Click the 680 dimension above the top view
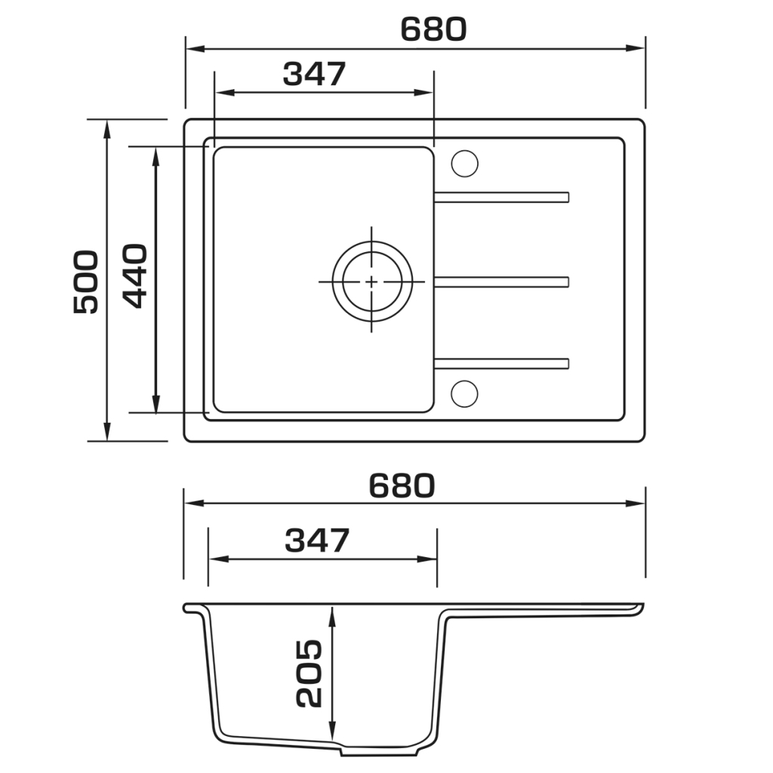[433, 29]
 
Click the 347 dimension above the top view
[315, 74]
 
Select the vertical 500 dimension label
[86, 282]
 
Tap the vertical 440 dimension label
[134, 276]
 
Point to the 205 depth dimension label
[309, 673]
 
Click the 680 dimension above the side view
[402, 485]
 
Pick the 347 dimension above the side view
[317, 540]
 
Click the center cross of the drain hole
[371, 282]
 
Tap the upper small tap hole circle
[464, 163]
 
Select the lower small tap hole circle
[464, 393]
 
